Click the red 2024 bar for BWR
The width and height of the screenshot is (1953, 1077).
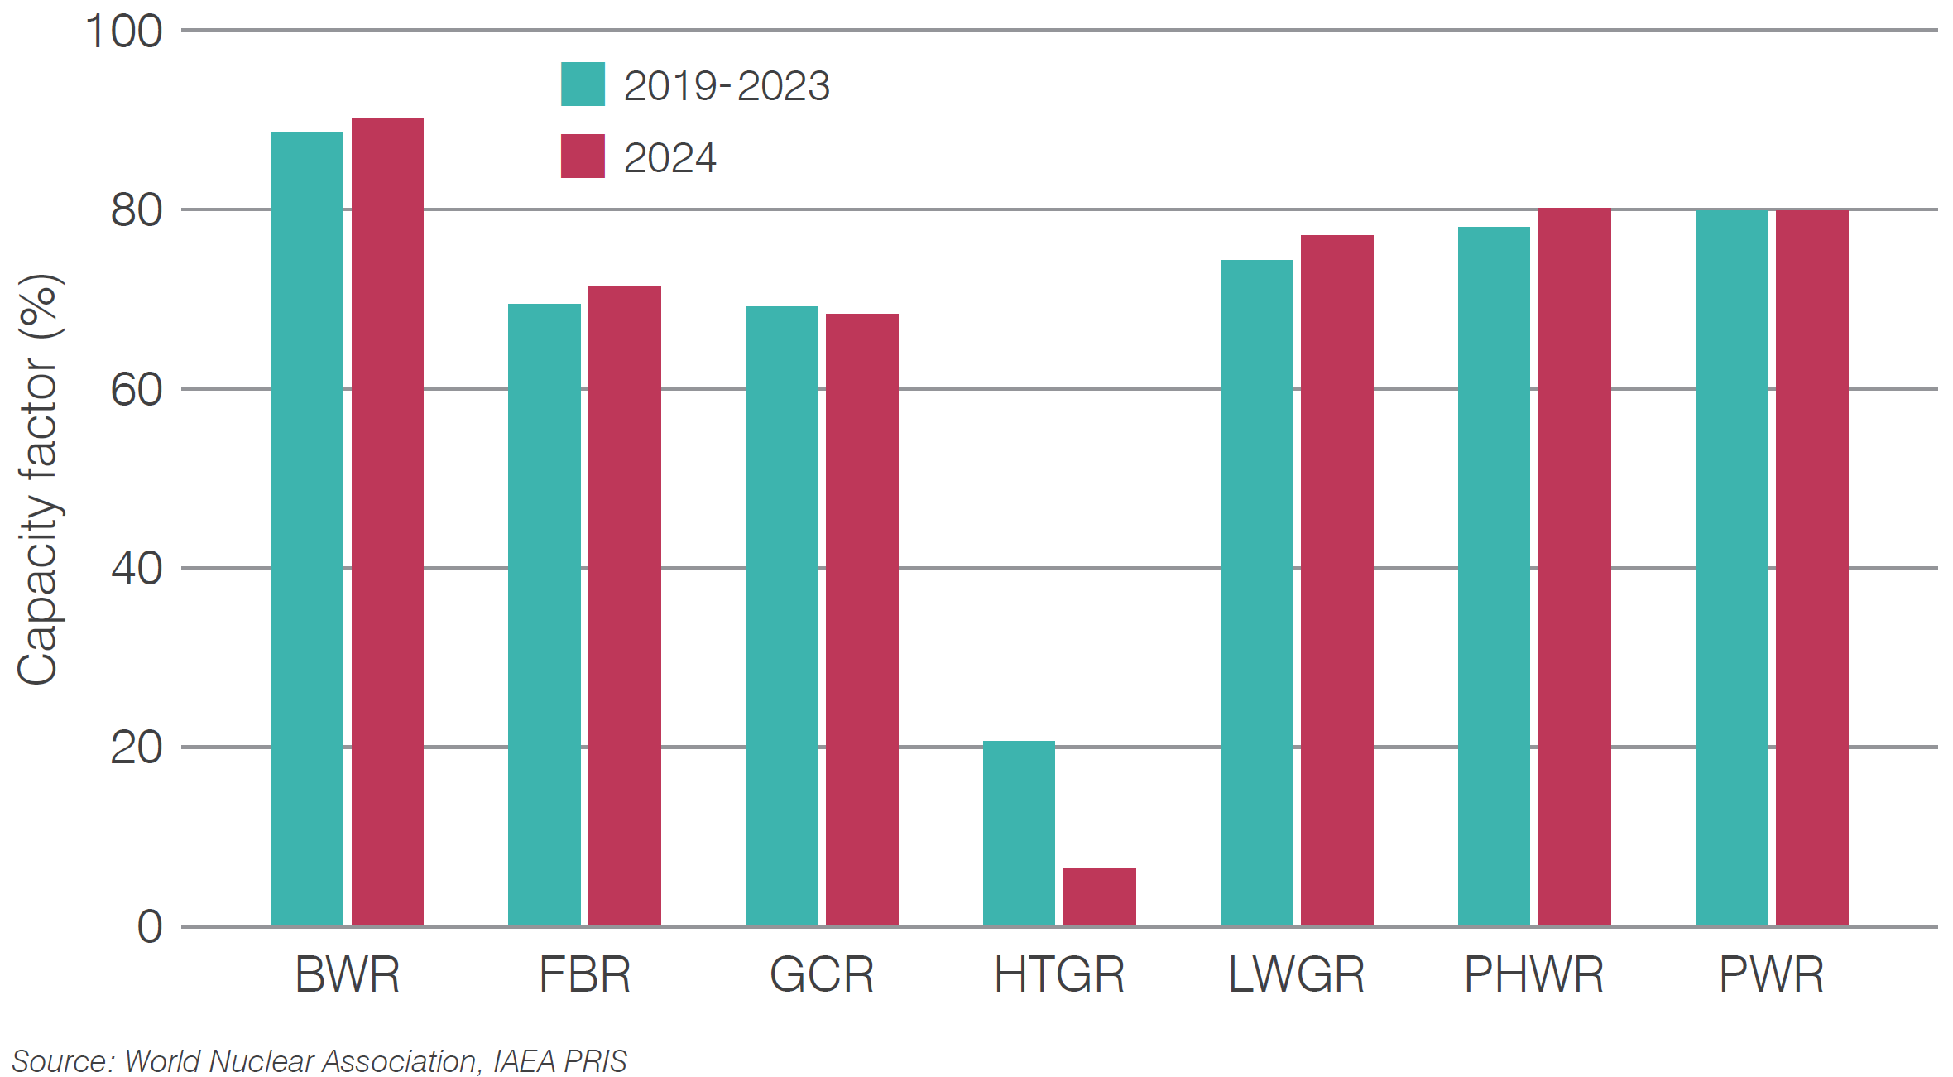[387, 522]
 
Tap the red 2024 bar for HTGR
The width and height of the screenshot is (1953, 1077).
[1099, 897]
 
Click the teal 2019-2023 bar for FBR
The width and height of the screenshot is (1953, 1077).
[544, 614]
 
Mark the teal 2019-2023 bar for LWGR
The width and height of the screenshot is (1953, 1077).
[1256, 593]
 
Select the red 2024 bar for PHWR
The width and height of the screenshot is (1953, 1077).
[1574, 566]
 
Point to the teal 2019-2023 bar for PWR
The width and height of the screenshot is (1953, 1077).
[1731, 568]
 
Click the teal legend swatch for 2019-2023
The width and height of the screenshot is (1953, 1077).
[583, 84]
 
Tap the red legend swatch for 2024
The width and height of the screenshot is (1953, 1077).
[583, 156]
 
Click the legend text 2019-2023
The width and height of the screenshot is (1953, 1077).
[727, 86]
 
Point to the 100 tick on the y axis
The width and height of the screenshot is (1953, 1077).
[124, 31]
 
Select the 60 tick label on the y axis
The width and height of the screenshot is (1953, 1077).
[137, 390]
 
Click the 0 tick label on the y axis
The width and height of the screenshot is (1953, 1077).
[150, 926]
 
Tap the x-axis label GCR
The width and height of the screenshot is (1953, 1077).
[822, 974]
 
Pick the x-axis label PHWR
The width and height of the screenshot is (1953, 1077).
[1533, 974]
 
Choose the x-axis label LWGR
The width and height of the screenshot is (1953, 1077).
[1296, 974]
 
